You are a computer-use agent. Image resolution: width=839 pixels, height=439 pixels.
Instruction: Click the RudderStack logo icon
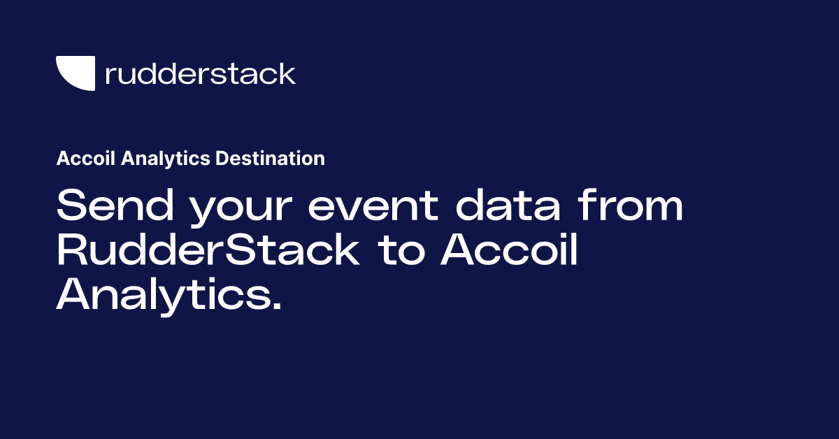[x=75, y=73]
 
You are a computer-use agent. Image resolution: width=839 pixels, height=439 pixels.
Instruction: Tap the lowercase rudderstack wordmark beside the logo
[x=200, y=73]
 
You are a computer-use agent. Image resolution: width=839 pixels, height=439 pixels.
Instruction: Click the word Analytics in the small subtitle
[x=166, y=159]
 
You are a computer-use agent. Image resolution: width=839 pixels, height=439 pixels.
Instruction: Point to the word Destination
[x=270, y=159]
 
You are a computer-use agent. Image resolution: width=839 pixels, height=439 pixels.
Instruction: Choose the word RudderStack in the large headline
[x=208, y=251]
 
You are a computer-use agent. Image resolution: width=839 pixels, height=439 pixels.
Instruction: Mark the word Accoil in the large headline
[x=510, y=251]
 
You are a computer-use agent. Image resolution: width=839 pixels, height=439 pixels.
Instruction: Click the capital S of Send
[x=71, y=207]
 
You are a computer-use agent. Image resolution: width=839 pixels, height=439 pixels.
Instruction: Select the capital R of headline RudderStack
[x=71, y=251]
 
